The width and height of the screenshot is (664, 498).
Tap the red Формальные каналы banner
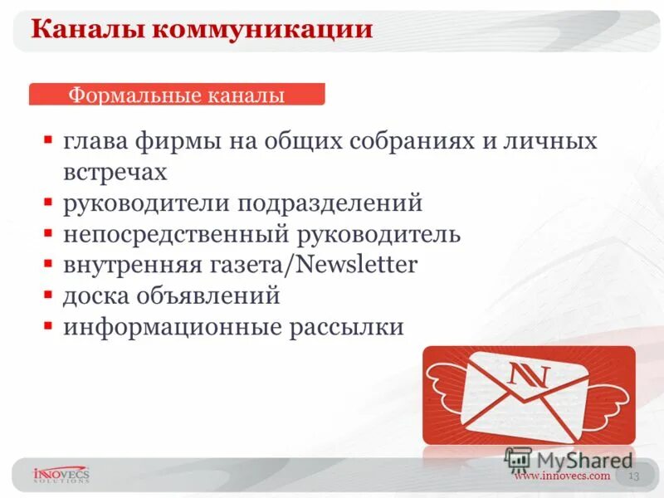click(177, 95)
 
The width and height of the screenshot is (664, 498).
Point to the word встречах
click(115, 171)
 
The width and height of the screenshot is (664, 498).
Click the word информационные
click(173, 327)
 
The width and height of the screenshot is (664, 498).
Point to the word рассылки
click(346, 327)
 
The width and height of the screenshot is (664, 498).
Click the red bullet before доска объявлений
click(50, 295)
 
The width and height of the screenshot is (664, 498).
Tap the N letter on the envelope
click(529, 374)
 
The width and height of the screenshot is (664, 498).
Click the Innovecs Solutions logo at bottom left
click(60, 475)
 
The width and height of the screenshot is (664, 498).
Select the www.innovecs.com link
click(561, 476)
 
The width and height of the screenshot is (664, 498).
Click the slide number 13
click(633, 476)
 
